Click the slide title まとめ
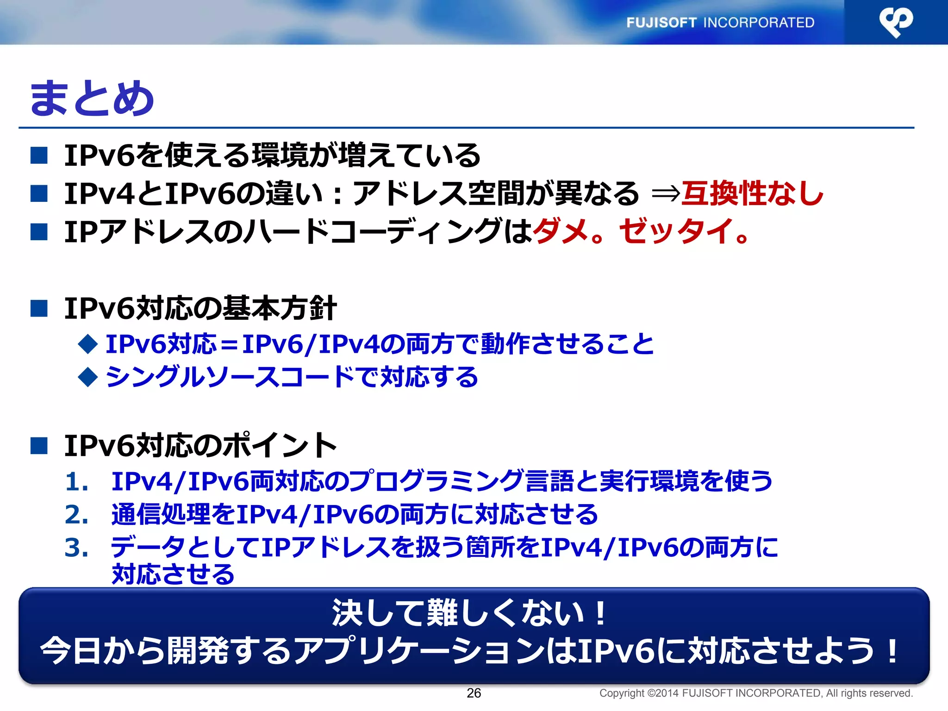pyautogui.click(x=92, y=98)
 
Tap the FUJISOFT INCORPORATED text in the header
pyautogui.click(x=720, y=22)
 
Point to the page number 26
pyautogui.click(x=474, y=693)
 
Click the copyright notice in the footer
pyautogui.click(x=755, y=693)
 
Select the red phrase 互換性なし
pyautogui.click(x=753, y=193)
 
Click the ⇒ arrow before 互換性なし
pyautogui.click(x=666, y=193)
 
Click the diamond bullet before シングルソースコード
pyautogui.click(x=88, y=377)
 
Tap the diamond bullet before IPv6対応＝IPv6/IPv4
pyautogui.click(x=88, y=344)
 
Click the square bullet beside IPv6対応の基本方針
pyautogui.click(x=39, y=308)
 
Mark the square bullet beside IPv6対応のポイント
pyautogui.click(x=39, y=445)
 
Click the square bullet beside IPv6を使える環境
pyautogui.click(x=39, y=155)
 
